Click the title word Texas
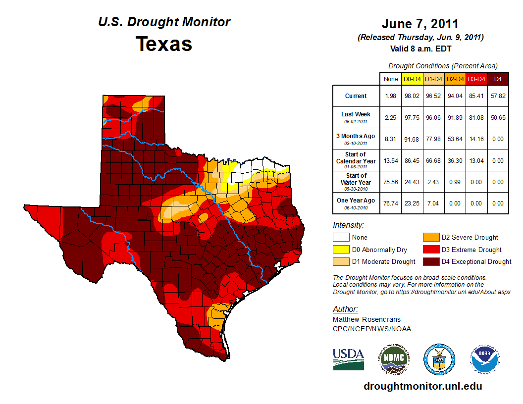coord(164,44)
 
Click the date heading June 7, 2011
coord(420,24)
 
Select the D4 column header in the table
coord(498,79)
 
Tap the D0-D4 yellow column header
coord(412,79)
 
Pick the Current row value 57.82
coord(498,96)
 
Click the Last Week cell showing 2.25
coord(390,117)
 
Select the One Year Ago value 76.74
coord(390,203)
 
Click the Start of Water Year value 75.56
coord(390,182)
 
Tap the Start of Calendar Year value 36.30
coord(455,160)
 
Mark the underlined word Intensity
coord(348,225)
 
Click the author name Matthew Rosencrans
coord(366,319)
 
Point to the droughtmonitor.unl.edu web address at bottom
coord(422,386)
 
